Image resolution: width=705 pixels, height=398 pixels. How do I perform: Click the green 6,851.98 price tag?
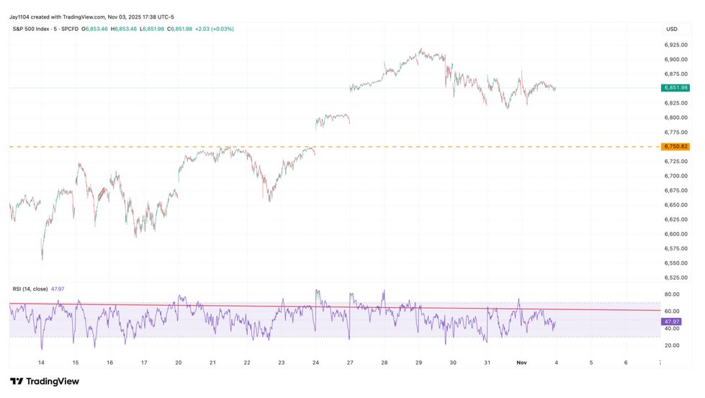click(674, 88)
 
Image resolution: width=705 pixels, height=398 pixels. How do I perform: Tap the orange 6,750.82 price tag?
click(674, 146)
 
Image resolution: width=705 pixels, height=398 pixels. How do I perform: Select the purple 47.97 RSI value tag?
click(671, 322)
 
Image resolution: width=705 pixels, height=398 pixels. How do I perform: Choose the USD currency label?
click(672, 29)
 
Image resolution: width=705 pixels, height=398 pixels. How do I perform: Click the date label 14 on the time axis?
click(41, 363)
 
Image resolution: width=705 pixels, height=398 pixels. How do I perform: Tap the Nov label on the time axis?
click(521, 363)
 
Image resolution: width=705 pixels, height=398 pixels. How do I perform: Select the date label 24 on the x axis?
click(315, 363)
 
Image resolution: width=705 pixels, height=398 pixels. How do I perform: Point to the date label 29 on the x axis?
click(418, 363)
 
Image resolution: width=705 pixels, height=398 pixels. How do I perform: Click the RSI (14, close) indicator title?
click(30, 289)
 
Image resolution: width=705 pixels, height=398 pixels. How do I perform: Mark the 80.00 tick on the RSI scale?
click(672, 294)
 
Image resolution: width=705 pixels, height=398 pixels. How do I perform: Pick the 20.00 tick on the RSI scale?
click(672, 345)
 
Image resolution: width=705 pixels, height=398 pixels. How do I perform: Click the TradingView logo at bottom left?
click(45, 381)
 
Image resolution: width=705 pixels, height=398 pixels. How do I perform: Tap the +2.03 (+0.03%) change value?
click(214, 29)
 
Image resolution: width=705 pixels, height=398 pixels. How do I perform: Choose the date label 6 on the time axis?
click(625, 363)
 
